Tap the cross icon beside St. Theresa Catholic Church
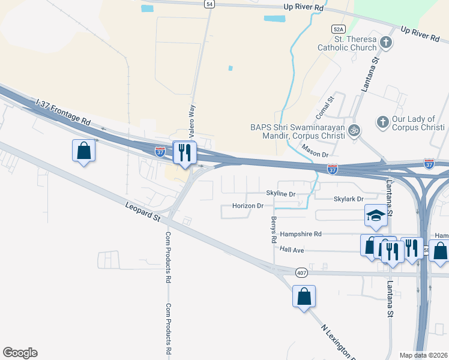(387, 43)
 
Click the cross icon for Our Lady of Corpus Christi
(382, 122)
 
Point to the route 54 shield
(209, 4)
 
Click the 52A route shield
(339, 29)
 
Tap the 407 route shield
(302, 273)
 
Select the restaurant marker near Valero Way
(184, 152)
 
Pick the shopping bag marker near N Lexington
(304, 296)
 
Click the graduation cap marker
(375, 216)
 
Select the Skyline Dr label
(282, 194)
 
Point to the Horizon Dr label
(249, 206)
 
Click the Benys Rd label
(274, 229)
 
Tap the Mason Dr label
(315, 151)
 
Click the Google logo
(20, 353)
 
